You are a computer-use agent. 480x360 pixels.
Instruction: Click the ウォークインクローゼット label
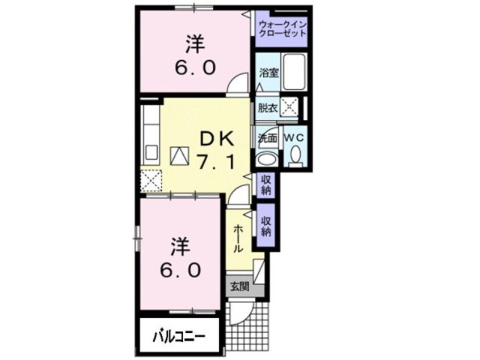tap(283, 28)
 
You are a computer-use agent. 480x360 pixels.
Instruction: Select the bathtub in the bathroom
tap(294, 72)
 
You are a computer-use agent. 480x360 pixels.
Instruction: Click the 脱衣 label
tap(267, 108)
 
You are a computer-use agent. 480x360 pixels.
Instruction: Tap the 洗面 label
tap(267, 138)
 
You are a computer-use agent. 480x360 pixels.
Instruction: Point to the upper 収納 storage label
tap(266, 185)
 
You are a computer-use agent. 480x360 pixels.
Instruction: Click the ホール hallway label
tap(238, 238)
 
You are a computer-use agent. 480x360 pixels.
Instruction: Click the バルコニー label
tap(178, 336)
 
